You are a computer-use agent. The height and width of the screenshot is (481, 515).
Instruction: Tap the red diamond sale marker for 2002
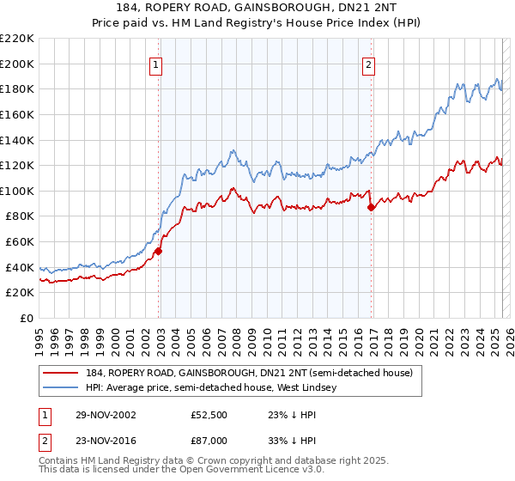(x=159, y=252)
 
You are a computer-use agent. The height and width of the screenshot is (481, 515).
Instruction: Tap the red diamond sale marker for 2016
(x=371, y=207)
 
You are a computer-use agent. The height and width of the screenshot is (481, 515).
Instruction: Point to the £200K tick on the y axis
(x=18, y=64)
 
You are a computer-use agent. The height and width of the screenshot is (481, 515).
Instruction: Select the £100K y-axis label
(x=18, y=191)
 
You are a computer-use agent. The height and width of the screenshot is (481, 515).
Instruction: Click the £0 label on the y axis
(x=26, y=318)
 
